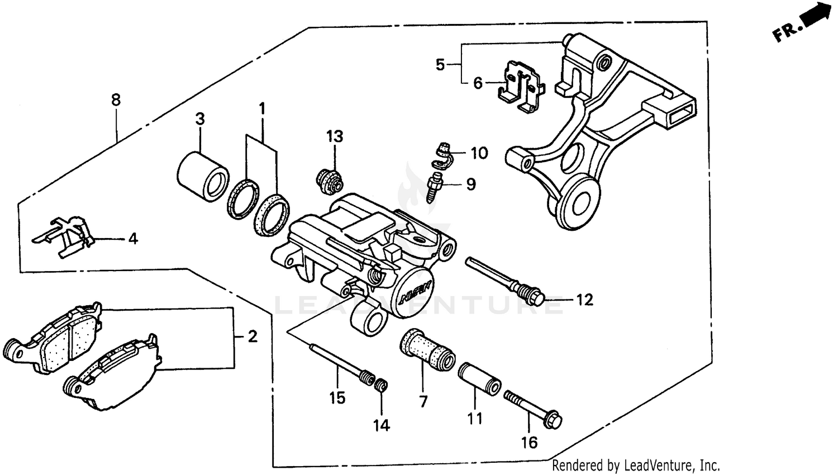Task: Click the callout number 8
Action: [116, 101]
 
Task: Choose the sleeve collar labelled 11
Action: [479, 379]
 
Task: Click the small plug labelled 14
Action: [381, 385]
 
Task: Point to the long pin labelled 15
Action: [338, 363]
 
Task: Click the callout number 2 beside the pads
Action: [253, 337]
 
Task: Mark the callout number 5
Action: [440, 65]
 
